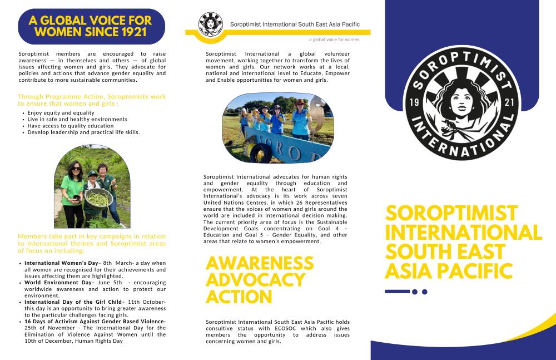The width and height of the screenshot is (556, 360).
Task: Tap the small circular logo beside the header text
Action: [x=211, y=24]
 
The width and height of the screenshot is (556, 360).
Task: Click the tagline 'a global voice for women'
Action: [x=334, y=40]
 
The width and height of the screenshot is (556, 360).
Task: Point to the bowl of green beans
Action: [x=98, y=198]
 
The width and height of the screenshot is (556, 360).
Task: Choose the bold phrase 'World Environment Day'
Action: [x=58, y=283]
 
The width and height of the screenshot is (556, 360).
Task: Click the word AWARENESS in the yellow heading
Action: [x=260, y=263]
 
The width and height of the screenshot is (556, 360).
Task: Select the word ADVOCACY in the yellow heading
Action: [x=255, y=279]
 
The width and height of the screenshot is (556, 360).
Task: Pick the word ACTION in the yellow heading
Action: [x=239, y=297]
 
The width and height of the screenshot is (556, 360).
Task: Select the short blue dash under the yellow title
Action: [x=397, y=292]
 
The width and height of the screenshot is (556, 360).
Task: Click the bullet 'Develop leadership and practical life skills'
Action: [x=83, y=132]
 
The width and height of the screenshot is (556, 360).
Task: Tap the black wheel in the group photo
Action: [x=260, y=152]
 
